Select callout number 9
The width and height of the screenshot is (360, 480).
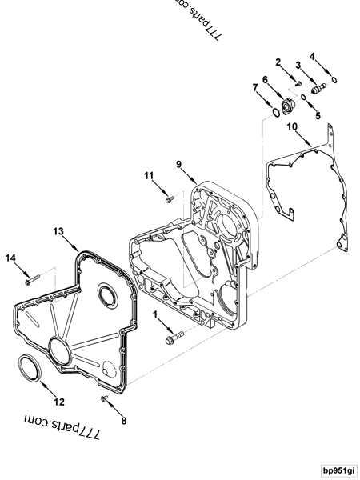click(x=180, y=166)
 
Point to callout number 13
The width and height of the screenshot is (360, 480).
click(x=58, y=230)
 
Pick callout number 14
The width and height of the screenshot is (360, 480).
click(x=11, y=257)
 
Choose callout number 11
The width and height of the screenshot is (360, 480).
click(x=149, y=174)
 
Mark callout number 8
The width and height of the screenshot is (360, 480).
click(x=123, y=418)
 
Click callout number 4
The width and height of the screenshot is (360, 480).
click(x=313, y=56)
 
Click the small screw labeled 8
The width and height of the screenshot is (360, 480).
click(x=105, y=398)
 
